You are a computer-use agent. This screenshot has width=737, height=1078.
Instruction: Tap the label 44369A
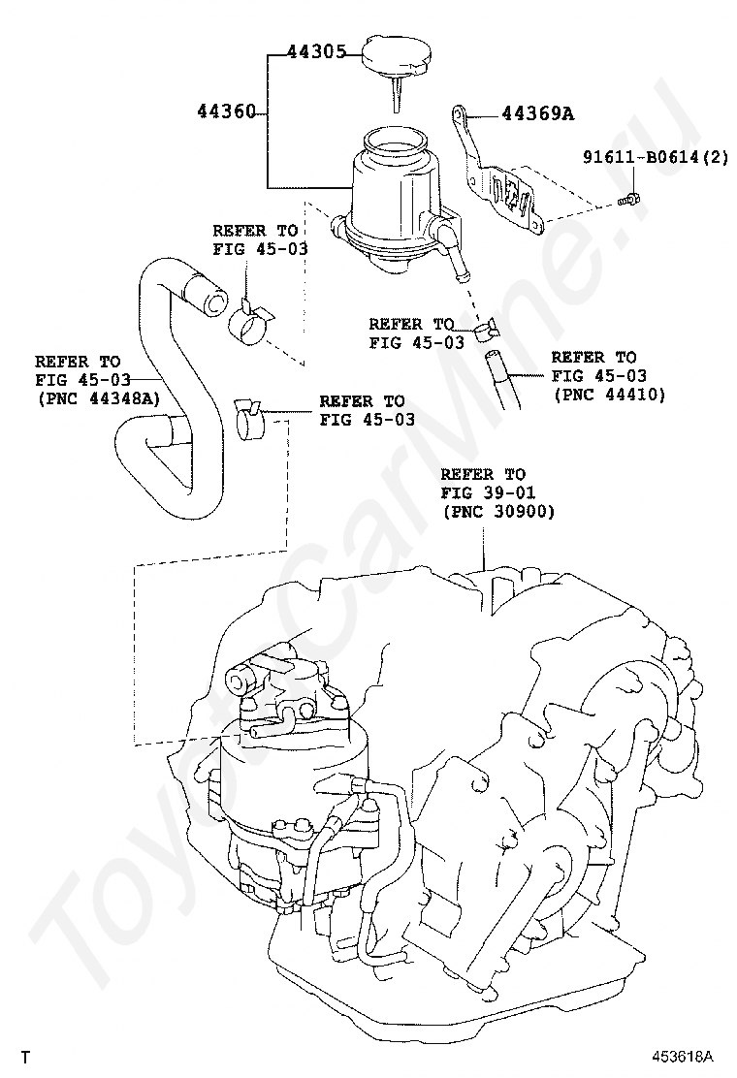click(x=537, y=114)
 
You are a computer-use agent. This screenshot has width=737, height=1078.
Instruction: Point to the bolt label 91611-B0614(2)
click(x=656, y=157)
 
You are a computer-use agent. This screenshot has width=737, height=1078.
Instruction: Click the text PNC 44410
click(x=609, y=395)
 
